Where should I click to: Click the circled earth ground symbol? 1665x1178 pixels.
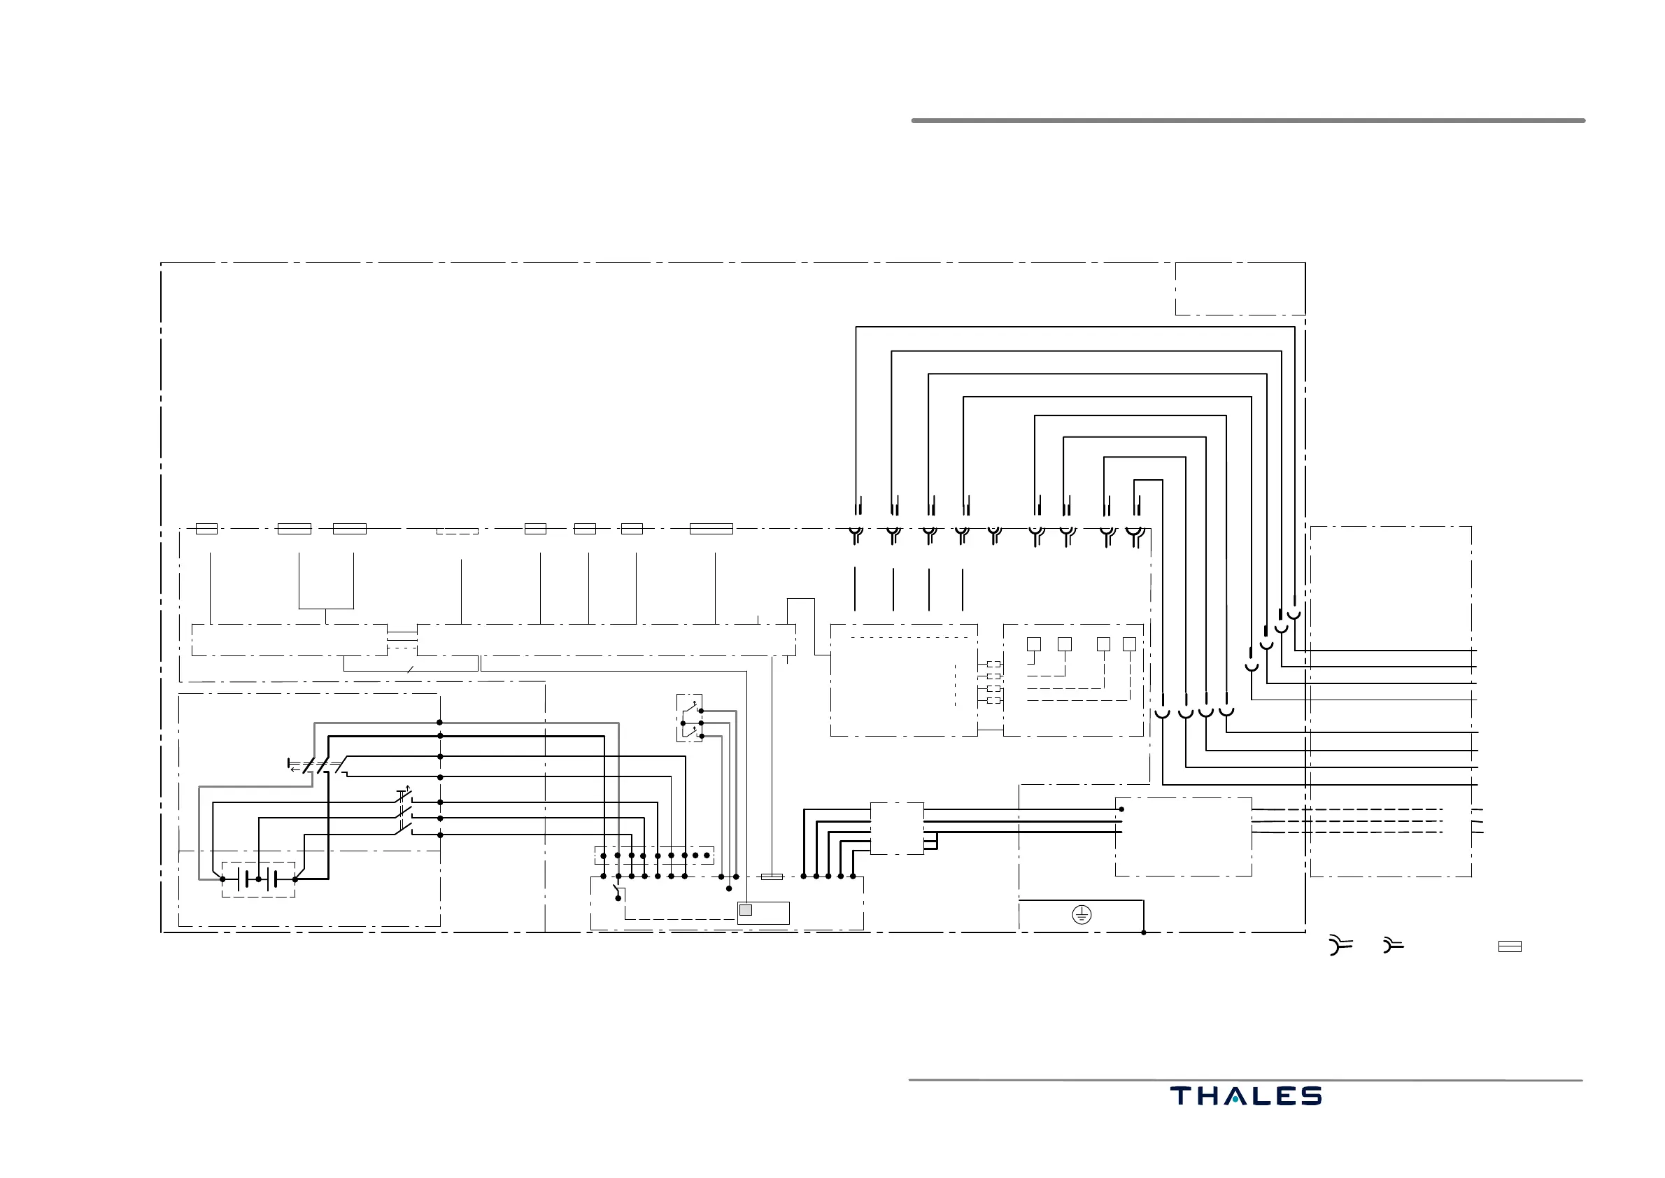[x=1081, y=915]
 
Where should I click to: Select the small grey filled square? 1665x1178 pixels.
[x=745, y=910]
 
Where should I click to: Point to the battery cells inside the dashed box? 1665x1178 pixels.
[x=257, y=879]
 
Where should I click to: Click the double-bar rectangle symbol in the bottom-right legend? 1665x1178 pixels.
[x=1509, y=946]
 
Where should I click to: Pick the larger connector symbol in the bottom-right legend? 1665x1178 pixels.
[x=1340, y=945]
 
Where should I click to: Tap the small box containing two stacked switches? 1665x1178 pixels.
[x=689, y=718]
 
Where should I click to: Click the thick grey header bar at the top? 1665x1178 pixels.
[x=1248, y=120]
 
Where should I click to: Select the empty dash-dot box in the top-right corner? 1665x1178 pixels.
[x=1240, y=289]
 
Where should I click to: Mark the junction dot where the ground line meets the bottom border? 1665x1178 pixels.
[x=1143, y=932]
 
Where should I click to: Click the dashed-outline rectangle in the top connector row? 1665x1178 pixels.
[x=457, y=531]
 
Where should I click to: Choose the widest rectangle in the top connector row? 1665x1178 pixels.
[x=711, y=529]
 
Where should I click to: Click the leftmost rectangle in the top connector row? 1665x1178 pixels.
[x=207, y=529]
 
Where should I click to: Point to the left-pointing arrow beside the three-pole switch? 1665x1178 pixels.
[x=294, y=769]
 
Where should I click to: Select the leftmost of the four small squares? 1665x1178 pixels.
[x=1034, y=644]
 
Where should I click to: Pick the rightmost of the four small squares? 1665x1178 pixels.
[x=1129, y=644]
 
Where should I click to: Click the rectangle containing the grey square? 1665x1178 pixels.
[x=763, y=914]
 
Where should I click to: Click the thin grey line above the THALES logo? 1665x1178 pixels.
[x=1245, y=1080]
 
